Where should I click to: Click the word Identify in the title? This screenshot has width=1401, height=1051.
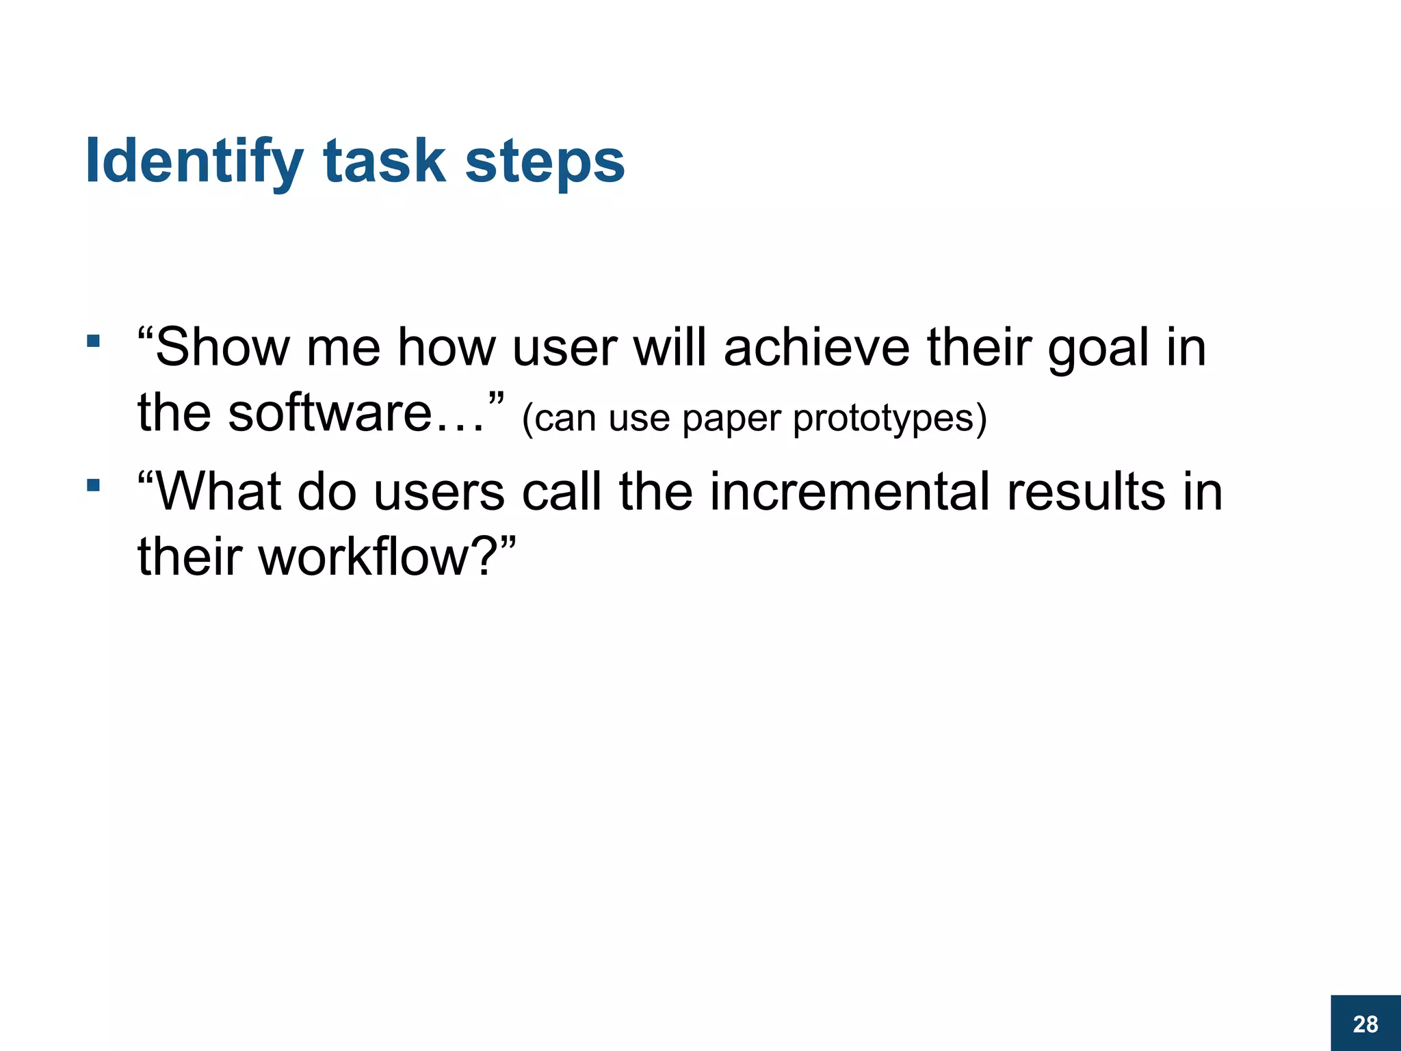click(194, 162)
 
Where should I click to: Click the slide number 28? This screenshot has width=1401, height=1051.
click(1365, 1024)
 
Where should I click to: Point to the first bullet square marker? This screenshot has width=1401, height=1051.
click(94, 341)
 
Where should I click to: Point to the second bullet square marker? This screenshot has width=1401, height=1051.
click(94, 486)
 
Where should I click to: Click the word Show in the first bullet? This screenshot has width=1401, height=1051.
click(222, 348)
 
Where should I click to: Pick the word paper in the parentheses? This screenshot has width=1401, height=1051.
click(731, 419)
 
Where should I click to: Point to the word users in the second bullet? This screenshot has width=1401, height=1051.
click(438, 493)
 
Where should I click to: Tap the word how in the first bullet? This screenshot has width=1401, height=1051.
click(447, 348)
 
